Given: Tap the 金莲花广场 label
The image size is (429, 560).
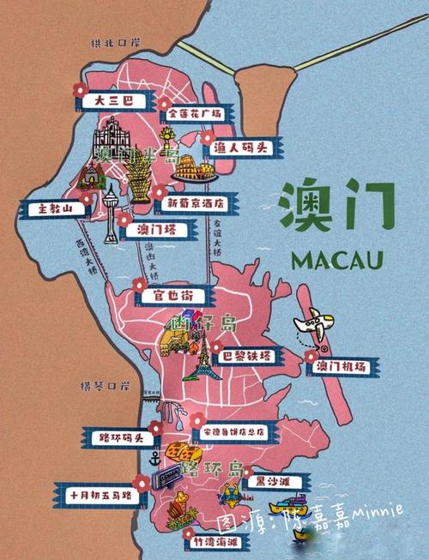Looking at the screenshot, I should click(x=195, y=113).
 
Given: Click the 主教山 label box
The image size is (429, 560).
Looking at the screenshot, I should click(x=51, y=208).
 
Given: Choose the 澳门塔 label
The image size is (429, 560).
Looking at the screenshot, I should click(x=155, y=229).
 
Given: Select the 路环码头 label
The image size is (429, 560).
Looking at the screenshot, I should click(x=116, y=437).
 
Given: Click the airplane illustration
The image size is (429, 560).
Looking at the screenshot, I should click(x=313, y=328).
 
